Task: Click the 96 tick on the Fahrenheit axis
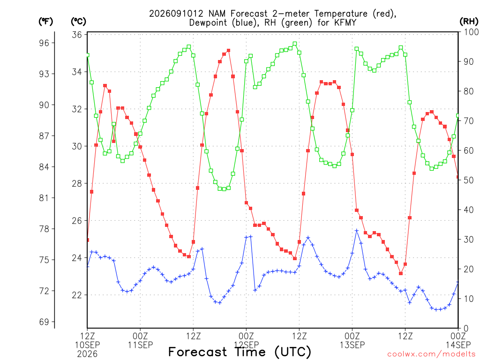44,43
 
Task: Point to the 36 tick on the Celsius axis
77,35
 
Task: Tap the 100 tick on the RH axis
471,32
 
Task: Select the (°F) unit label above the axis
45,22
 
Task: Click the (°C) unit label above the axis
78,22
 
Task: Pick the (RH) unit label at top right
469,21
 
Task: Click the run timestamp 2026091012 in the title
176,14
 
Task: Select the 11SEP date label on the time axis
140,345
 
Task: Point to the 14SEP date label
458,345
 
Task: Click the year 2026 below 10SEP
87,354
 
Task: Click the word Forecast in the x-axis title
197,352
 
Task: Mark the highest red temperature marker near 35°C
228,51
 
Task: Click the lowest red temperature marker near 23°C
401,273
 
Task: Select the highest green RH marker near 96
295,44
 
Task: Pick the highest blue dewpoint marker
357,231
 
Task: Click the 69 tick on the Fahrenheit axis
44,322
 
